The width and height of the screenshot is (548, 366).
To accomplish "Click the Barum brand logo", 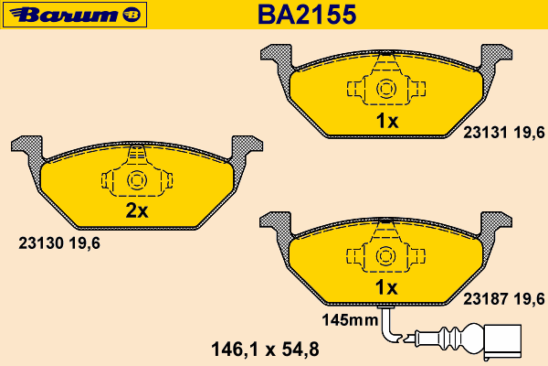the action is pyautogui.click(x=75, y=15).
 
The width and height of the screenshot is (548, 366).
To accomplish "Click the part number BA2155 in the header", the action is pyautogui.click(x=307, y=15).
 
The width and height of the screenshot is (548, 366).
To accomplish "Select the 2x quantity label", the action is pyautogui.click(x=137, y=210).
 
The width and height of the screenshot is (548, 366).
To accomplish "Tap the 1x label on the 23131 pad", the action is pyautogui.click(x=386, y=121).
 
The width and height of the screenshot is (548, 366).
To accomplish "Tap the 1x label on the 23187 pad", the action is pyautogui.click(x=386, y=287).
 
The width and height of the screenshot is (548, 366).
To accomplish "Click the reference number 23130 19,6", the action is pyautogui.click(x=59, y=243).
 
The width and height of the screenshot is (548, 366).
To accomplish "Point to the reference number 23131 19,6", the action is pyautogui.click(x=504, y=133).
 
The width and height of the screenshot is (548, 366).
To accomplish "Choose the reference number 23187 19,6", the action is pyautogui.click(x=504, y=299).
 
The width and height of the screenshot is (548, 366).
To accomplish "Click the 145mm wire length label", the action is pyautogui.click(x=350, y=320).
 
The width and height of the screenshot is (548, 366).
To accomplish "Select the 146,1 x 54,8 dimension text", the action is pyautogui.click(x=265, y=350).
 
